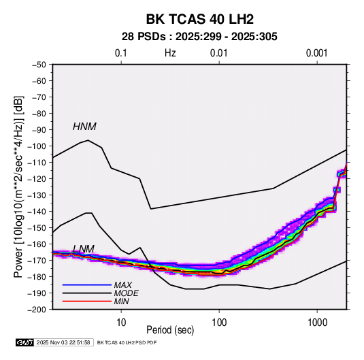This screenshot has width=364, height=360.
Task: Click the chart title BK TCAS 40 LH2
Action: tap(199, 19)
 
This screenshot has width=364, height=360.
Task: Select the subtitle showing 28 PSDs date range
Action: tap(199, 37)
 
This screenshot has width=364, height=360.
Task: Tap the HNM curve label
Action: tap(84, 127)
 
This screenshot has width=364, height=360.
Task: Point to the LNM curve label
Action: tap(84, 249)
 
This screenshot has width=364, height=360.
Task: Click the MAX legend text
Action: tap(122, 285)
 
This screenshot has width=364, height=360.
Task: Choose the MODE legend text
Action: tap(126, 293)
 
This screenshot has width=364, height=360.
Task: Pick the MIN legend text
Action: tap(121, 301)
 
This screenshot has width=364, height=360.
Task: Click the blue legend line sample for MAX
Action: tap(87, 285)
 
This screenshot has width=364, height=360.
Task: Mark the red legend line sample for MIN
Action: tap(87, 301)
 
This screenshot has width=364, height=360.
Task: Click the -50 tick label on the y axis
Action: tap(39, 65)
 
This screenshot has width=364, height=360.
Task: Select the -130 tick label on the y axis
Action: tap(37, 195)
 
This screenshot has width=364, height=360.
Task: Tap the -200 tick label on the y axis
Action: tap(37, 310)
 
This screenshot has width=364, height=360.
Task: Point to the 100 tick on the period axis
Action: tap(219, 323)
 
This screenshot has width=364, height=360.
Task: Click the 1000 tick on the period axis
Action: tap(317, 323)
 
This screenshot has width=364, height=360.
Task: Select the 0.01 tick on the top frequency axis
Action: tap(218, 53)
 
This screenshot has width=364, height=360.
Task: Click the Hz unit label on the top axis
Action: tap(170, 53)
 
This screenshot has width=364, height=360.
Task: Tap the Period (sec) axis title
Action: tap(170, 330)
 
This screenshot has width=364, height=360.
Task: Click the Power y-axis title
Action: tap(18, 186)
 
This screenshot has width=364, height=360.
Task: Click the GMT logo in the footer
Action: tap(25, 342)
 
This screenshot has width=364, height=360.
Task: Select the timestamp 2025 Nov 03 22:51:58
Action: tap(63, 342)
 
